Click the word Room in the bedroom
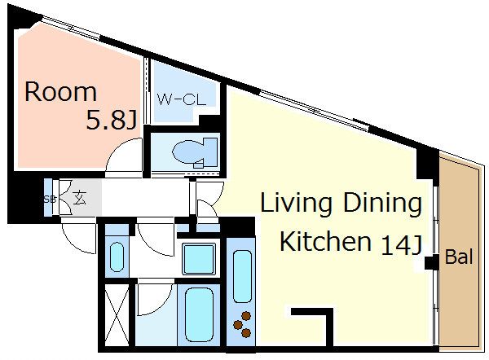tap(60, 92)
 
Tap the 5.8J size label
tap(112, 121)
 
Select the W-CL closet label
tap(182, 99)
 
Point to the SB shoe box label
tap(49, 200)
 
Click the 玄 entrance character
tap(79, 198)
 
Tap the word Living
tap(296, 203)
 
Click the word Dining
tap(383, 203)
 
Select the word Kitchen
tap(325, 241)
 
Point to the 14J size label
tap(402, 245)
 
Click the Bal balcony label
tap(459, 257)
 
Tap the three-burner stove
tap(242, 324)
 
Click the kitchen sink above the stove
tap(242, 276)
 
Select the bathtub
tap(199, 315)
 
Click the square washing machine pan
tap(199, 259)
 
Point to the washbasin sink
tap(117, 257)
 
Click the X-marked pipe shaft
tap(117, 315)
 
